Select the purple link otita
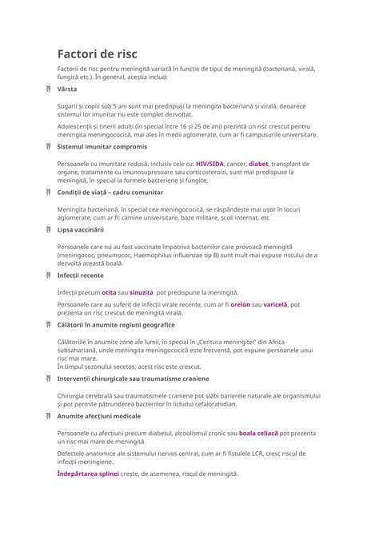pos(110,292)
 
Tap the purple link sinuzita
pos(142,292)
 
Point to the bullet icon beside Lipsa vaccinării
pos(47,229)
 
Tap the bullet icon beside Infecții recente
pos(47,275)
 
